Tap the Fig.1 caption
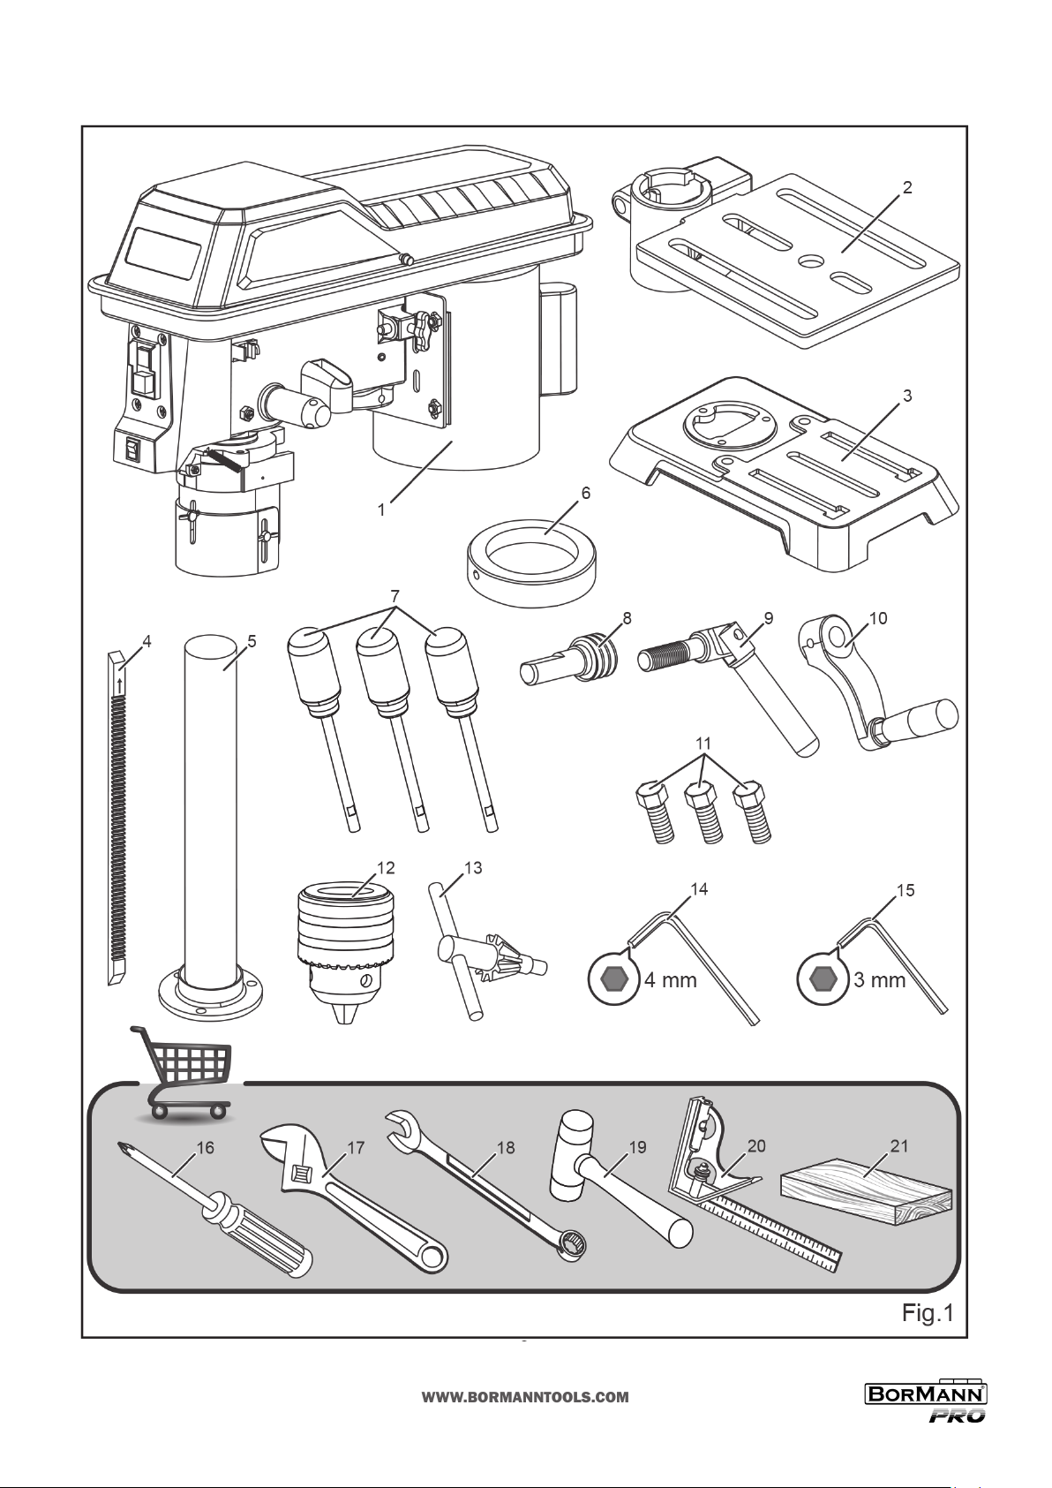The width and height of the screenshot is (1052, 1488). click(927, 1313)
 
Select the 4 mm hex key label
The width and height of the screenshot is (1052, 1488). click(670, 980)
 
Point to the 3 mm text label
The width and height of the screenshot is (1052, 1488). click(879, 980)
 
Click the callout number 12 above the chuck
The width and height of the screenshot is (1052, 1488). click(385, 868)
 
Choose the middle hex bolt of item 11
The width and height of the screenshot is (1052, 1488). click(703, 812)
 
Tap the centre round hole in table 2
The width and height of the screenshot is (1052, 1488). click(808, 261)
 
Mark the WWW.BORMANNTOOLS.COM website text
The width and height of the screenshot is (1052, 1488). click(525, 1397)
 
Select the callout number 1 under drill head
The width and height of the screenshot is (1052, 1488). click(381, 510)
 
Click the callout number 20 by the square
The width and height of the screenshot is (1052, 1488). click(756, 1145)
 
